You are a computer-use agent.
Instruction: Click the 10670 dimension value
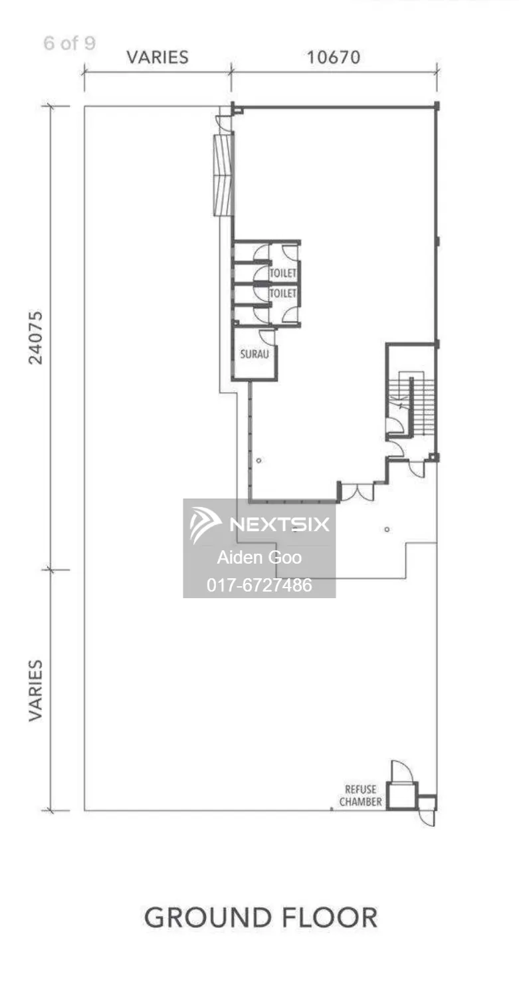[x=334, y=57]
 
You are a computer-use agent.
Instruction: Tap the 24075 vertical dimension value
[x=36, y=338]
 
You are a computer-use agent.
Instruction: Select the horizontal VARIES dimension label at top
[x=157, y=57]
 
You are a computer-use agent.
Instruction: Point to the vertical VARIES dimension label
[x=36, y=691]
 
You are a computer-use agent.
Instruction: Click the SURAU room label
[x=254, y=354]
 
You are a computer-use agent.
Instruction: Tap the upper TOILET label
[x=282, y=273]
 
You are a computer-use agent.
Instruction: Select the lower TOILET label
[x=282, y=293]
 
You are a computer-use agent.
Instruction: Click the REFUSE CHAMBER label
[x=361, y=796]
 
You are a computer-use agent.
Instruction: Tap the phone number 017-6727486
[x=259, y=585]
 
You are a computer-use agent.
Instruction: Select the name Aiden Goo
[x=259, y=557]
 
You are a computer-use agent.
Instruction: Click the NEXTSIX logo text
[x=280, y=524]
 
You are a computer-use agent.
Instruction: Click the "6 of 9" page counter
[x=69, y=43]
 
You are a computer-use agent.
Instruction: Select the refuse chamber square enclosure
[x=401, y=796]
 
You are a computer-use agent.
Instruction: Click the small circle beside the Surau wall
[x=259, y=460]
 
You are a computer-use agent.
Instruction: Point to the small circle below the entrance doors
[x=387, y=529]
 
